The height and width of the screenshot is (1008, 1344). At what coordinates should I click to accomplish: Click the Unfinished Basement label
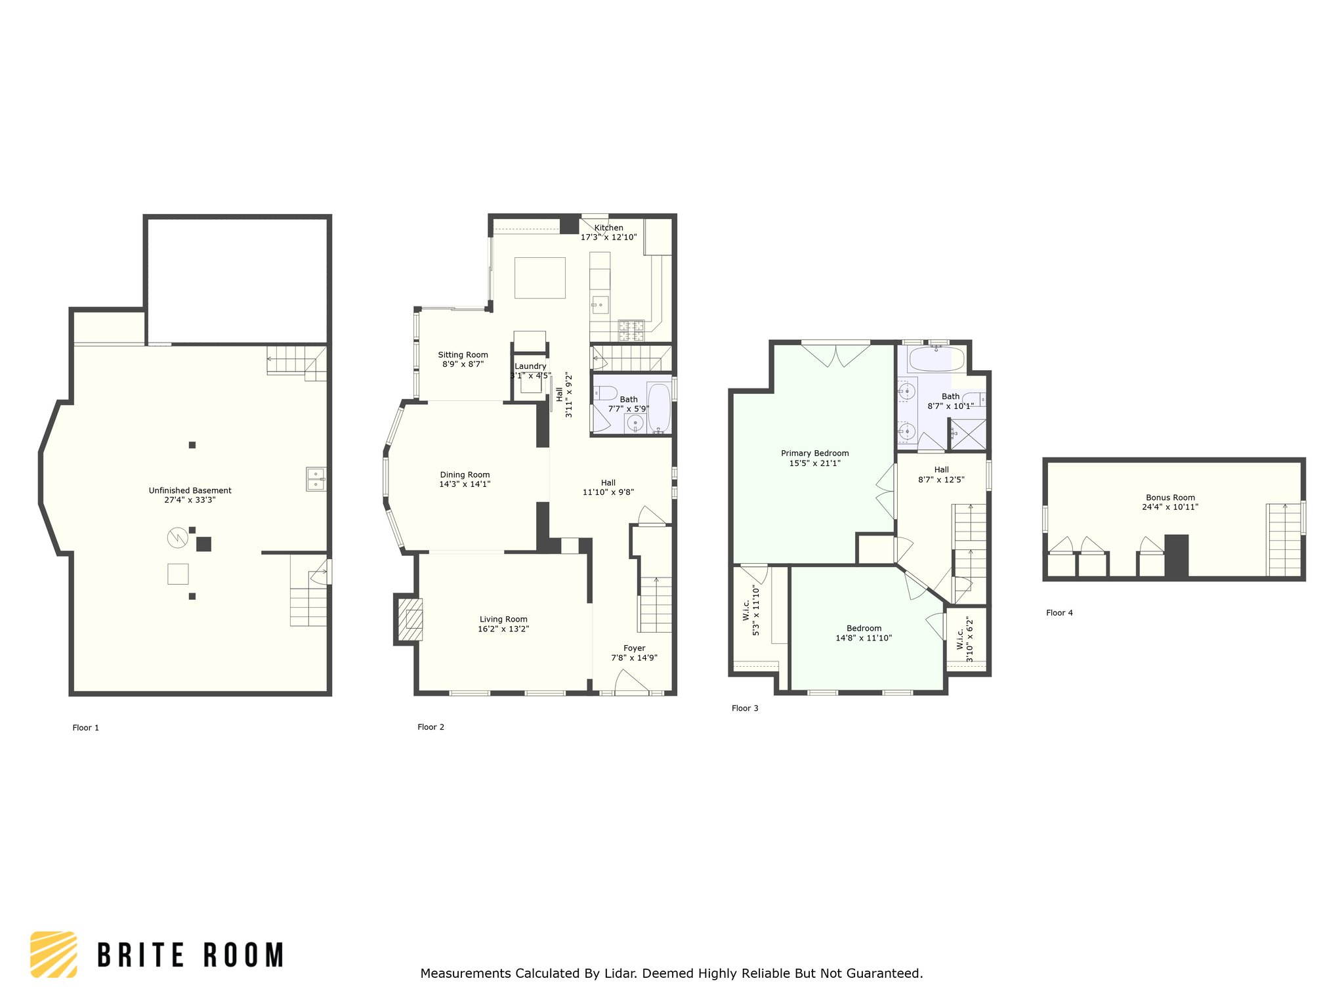[x=190, y=490]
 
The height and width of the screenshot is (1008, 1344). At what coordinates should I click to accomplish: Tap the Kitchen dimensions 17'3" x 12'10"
[x=608, y=237]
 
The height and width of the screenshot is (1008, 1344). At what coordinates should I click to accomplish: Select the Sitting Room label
[x=463, y=355]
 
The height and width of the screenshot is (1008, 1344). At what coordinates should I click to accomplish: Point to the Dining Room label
[x=465, y=475]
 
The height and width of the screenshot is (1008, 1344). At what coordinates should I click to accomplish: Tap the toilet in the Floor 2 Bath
[x=605, y=393]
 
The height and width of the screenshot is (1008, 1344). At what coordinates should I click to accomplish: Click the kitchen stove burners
[x=631, y=330]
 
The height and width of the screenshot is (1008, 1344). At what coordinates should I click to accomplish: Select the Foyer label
[x=635, y=648]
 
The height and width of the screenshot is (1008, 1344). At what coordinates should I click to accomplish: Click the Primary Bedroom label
[x=815, y=453]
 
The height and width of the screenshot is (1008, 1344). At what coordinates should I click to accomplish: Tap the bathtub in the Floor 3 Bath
[x=936, y=359]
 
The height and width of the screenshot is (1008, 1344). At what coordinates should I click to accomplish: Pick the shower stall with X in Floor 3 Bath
[x=968, y=434]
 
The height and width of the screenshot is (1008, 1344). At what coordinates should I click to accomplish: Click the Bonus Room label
[x=1171, y=497]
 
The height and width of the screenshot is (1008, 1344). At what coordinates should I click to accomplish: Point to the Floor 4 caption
[x=1059, y=613]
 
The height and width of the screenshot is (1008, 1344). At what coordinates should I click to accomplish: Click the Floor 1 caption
[x=86, y=728]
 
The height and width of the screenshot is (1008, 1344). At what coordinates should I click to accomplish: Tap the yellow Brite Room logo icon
[x=54, y=955]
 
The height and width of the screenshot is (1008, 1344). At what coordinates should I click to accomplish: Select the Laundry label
[x=530, y=366]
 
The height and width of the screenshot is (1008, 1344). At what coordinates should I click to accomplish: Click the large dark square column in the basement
[x=204, y=544]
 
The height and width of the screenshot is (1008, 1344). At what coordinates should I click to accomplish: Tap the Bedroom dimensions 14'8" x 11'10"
[x=864, y=638]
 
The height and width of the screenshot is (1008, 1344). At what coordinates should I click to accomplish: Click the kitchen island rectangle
[x=540, y=278]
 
